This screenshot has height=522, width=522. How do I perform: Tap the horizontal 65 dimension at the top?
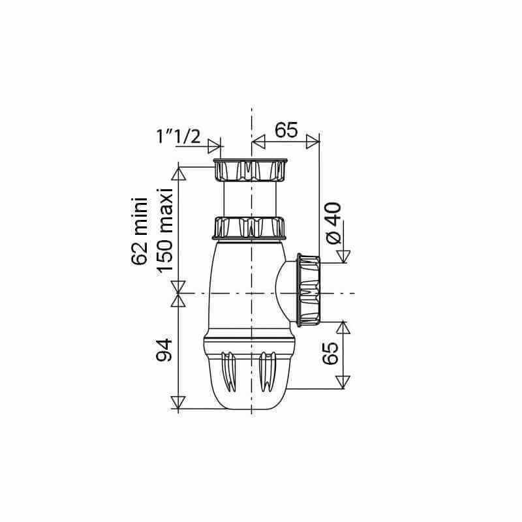286,130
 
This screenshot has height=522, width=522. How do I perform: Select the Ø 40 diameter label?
333,223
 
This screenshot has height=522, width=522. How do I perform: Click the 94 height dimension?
164,350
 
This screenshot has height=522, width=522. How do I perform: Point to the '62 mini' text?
139,232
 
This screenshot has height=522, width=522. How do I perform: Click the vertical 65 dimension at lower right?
331,353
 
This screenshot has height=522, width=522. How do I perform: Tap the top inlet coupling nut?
250,170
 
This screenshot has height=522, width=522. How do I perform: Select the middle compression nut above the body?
249,228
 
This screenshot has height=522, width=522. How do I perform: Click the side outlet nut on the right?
309,290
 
